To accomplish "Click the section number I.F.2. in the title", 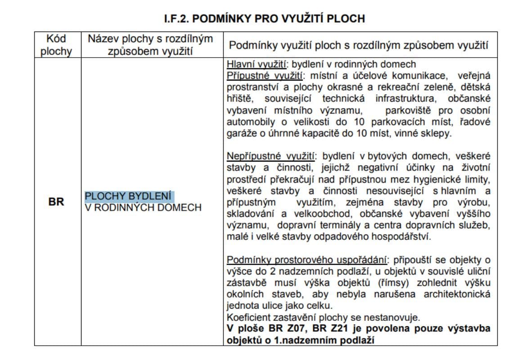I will (179, 19).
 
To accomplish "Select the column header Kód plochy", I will (56, 45).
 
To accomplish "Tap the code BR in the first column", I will (56, 202).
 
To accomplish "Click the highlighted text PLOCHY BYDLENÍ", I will (129, 197).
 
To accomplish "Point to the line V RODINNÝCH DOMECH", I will (143, 207).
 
